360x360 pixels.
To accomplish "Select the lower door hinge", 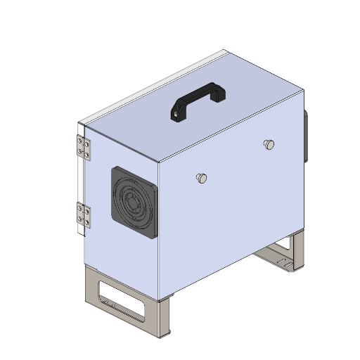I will click(83, 216).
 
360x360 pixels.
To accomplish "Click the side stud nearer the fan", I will click(201, 178).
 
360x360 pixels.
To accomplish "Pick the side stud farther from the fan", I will click(268, 144).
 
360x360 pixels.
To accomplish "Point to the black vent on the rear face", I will click(305, 135).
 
